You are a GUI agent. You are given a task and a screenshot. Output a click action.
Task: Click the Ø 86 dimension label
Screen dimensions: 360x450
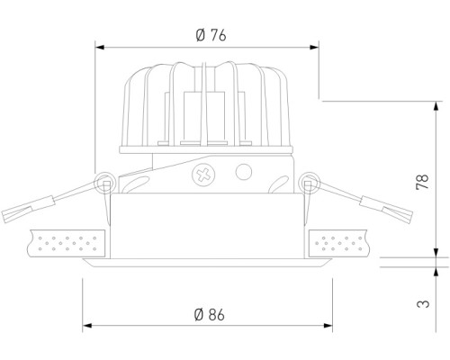click(x=209, y=314)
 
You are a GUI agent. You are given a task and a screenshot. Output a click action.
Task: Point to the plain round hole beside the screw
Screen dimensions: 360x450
click(x=242, y=172)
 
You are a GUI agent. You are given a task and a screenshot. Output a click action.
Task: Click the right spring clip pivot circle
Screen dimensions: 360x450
click(x=311, y=184)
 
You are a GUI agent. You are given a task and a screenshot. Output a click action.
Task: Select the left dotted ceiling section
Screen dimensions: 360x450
click(x=67, y=241)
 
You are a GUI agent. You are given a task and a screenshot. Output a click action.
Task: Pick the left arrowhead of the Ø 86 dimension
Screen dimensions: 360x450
click(x=86, y=326)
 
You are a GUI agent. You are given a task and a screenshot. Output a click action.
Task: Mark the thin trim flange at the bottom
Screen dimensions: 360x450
click(x=208, y=265)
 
